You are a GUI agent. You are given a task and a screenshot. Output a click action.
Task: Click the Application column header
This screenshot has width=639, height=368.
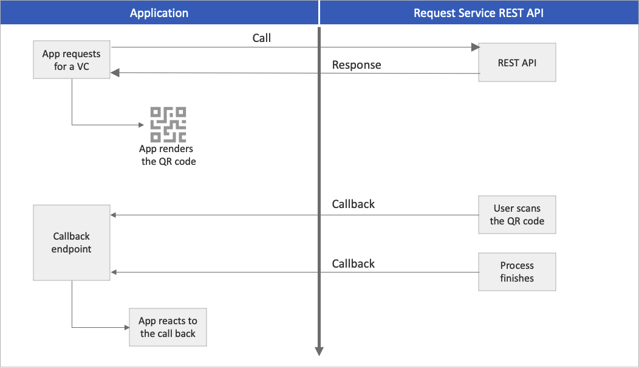tap(159, 13)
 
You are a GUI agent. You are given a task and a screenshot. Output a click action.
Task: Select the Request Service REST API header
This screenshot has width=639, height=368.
tap(479, 13)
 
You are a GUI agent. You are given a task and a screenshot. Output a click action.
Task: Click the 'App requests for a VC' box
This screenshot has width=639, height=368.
tap(72, 60)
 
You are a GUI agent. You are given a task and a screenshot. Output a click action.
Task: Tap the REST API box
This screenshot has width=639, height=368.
tap(517, 62)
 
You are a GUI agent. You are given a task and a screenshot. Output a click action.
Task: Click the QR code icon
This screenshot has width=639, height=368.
tap(168, 125)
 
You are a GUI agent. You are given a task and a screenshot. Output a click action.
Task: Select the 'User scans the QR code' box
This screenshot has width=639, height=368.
tap(517, 215)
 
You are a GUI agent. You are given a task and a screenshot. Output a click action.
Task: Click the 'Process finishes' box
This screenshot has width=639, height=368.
tap(517, 272)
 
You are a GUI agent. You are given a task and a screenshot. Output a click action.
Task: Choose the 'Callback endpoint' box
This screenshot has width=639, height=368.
tap(72, 243)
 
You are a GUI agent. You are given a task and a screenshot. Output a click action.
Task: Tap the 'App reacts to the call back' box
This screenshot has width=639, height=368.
tap(168, 327)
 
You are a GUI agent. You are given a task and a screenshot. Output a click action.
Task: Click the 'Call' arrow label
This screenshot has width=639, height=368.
tap(262, 38)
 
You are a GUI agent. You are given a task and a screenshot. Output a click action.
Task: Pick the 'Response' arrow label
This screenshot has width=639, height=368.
tap(357, 65)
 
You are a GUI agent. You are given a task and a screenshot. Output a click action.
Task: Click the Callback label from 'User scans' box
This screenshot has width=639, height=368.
tap(354, 204)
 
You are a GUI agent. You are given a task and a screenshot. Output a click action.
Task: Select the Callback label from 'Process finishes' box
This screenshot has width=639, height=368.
tap(354, 263)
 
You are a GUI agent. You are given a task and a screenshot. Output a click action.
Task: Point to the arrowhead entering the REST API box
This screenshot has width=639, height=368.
tap(475, 47)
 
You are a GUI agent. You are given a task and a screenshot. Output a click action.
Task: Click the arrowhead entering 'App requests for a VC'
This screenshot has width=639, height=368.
tap(114, 74)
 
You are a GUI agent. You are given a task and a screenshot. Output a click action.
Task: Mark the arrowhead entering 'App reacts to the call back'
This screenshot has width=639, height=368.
tap(126, 327)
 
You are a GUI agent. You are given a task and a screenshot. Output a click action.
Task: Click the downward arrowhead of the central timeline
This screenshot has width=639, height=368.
tap(319, 351)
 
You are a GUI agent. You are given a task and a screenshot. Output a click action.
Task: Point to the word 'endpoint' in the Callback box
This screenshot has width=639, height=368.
tap(72, 249)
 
